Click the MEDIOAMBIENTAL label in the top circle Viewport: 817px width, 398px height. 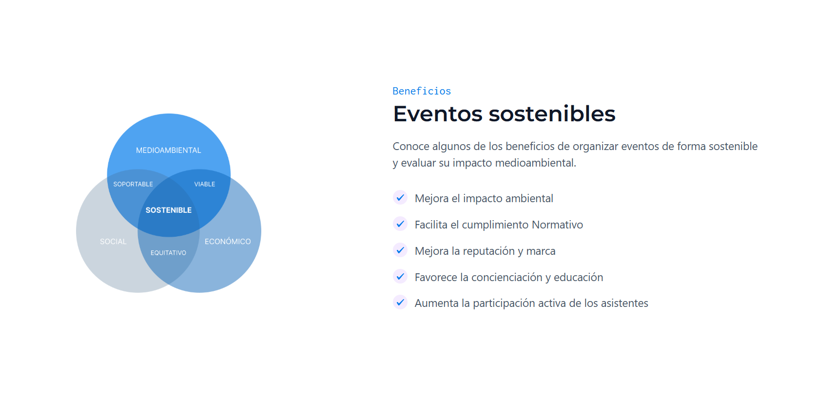tap(169, 150)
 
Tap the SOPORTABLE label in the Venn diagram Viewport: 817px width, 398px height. tap(133, 184)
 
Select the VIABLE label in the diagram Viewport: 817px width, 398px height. tap(205, 184)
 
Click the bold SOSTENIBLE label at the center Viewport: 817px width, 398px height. tap(169, 210)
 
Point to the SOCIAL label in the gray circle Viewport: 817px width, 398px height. tap(113, 241)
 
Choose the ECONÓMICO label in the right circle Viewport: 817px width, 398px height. tap(228, 241)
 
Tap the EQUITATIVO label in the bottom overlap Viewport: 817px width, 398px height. tap(168, 252)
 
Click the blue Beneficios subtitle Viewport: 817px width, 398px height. tap(422, 91)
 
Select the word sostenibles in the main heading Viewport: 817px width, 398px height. tap(552, 114)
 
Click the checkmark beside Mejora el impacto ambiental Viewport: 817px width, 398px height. tap(400, 198)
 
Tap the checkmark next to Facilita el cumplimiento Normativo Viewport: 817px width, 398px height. tap(400, 224)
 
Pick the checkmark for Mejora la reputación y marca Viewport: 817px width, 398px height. tap(400, 250)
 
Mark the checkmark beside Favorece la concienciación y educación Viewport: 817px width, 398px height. tap(400, 276)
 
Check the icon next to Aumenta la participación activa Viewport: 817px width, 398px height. tap(400, 302)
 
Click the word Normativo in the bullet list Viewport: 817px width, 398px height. tap(557, 225)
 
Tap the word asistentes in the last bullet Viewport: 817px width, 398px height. tap(624, 303)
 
